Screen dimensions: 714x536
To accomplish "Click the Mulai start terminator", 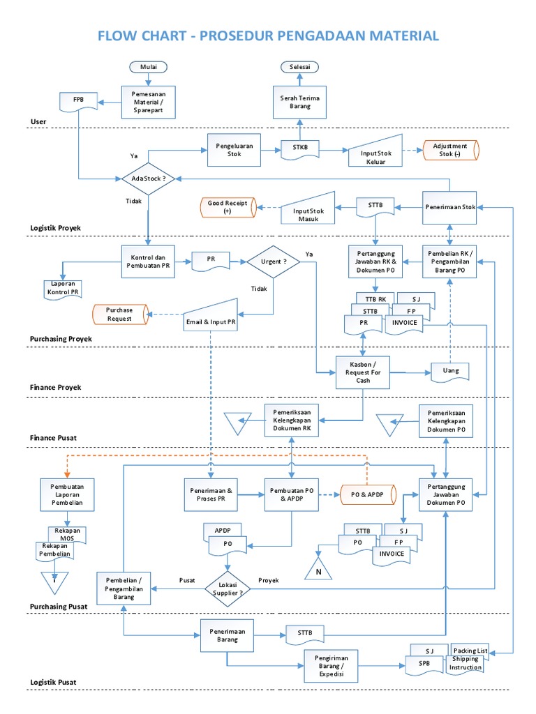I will tap(149, 67).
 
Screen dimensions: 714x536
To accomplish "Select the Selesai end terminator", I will tap(300, 67).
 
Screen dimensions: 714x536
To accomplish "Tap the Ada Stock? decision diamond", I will tap(149, 178).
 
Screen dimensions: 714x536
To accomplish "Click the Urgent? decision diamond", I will tap(273, 261).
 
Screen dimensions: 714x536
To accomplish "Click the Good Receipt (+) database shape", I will tap(228, 206).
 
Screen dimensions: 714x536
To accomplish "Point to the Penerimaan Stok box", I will tap(450, 207).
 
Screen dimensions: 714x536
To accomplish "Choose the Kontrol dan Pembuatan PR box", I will tap(149, 261).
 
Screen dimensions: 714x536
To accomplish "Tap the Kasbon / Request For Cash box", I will tap(363, 372).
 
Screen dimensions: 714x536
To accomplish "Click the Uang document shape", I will tap(450, 372).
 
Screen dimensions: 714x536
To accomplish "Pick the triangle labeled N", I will tap(319, 569).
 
